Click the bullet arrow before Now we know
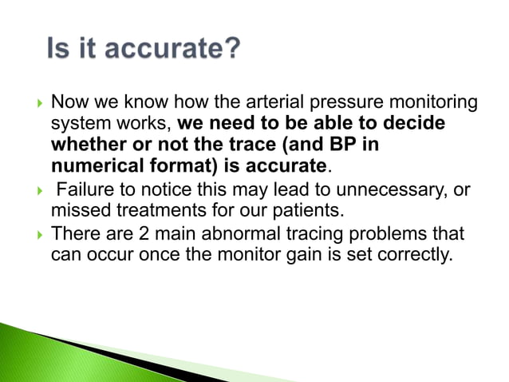(34, 103)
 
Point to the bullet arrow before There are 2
(34, 233)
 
